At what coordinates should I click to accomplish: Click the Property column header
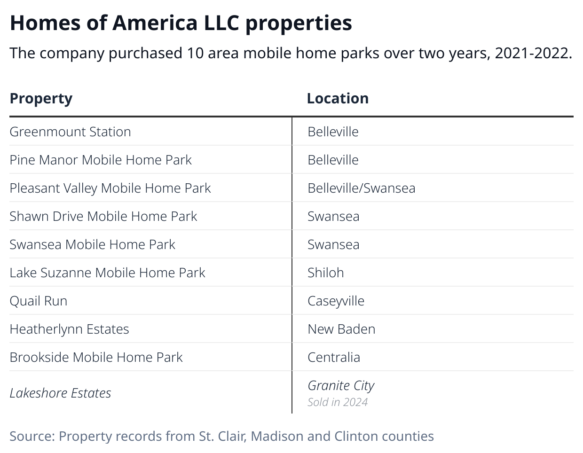tap(41, 99)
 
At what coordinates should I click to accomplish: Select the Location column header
tap(338, 99)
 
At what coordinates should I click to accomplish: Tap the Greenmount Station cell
tap(70, 132)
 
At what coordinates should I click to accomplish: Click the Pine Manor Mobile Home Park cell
tap(101, 160)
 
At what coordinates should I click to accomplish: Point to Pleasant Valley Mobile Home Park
tap(110, 188)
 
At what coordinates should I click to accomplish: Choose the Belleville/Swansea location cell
tap(361, 188)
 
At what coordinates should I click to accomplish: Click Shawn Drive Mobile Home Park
tap(103, 216)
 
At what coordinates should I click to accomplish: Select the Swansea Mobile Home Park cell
tap(92, 244)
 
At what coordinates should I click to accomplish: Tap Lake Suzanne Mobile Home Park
tap(107, 273)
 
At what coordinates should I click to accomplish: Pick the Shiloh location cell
tap(325, 273)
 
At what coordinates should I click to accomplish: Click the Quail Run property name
tap(39, 301)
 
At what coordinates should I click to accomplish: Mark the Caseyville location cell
tap(336, 301)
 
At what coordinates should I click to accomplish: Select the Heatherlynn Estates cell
tap(69, 329)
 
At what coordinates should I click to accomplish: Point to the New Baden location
tap(341, 329)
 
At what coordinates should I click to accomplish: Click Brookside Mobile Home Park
tap(96, 357)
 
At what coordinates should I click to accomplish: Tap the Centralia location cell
tap(334, 357)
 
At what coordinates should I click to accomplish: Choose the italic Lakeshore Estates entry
tap(60, 393)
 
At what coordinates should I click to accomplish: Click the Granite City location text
tap(341, 386)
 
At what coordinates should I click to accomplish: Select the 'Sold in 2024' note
tap(338, 402)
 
